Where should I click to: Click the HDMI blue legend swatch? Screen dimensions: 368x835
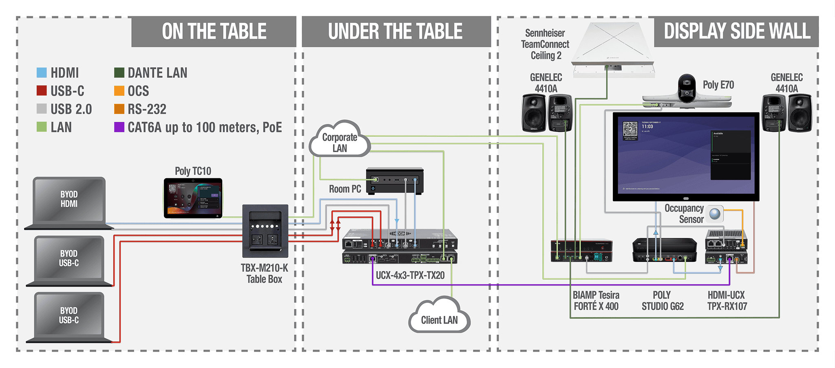pos(42,73)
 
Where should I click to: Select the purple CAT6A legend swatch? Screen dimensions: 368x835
pos(119,127)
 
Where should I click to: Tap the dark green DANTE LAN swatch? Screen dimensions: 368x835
pos(119,73)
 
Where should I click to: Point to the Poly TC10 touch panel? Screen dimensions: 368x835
pos(193,198)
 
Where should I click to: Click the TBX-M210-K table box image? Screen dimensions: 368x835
pos(265,231)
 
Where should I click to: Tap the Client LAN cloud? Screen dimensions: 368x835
pos(439,318)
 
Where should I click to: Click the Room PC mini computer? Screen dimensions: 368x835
pos(395,180)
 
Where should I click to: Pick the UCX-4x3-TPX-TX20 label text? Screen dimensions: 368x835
pos(410,276)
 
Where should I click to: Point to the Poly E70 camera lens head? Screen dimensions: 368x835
pos(687,88)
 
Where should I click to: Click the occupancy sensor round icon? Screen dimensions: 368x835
pos(715,213)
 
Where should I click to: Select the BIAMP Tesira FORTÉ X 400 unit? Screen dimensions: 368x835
pos(581,251)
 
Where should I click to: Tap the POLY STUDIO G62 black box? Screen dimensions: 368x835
pos(664,249)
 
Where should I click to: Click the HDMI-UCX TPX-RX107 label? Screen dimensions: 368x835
pos(727,301)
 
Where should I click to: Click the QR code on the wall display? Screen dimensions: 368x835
pos(630,129)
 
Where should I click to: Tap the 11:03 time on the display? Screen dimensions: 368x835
pos(647,127)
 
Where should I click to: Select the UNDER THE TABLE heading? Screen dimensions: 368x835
pos(395,32)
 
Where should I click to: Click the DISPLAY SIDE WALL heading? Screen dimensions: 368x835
pos(737,32)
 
